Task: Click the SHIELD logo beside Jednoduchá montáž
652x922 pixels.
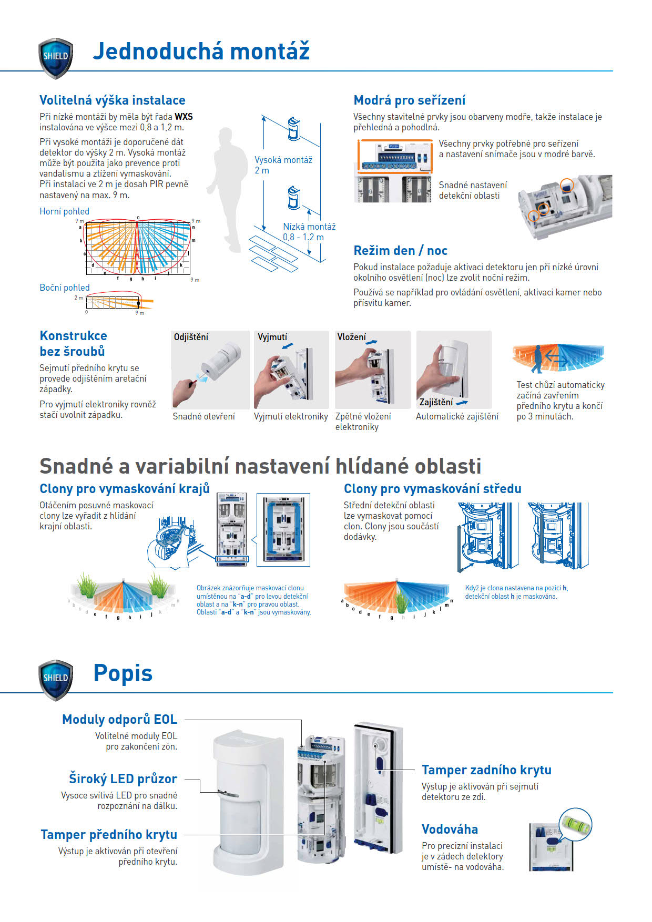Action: (x=56, y=57)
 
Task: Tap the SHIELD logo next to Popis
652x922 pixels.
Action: (x=56, y=679)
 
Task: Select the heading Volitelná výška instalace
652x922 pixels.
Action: (x=113, y=100)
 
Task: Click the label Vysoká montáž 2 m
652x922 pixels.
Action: (x=283, y=165)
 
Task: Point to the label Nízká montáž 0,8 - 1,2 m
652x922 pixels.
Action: (x=309, y=232)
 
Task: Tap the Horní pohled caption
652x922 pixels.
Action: (x=64, y=211)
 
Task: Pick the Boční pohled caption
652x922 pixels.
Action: (x=65, y=288)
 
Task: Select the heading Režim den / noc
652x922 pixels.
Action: (x=400, y=251)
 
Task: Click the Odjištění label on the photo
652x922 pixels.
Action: (x=191, y=337)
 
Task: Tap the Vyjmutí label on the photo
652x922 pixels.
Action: (x=272, y=337)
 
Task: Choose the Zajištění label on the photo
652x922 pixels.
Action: (x=436, y=402)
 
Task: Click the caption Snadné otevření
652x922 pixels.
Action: (x=203, y=416)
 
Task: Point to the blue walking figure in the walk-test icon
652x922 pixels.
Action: (x=537, y=358)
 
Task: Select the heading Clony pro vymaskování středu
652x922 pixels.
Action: (x=432, y=489)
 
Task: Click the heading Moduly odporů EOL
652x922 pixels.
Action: (x=119, y=720)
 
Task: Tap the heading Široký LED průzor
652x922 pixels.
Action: (x=123, y=778)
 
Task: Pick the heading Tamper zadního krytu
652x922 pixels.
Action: (x=486, y=770)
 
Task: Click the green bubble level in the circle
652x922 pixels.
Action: (x=575, y=824)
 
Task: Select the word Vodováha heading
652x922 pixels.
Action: (x=450, y=829)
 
